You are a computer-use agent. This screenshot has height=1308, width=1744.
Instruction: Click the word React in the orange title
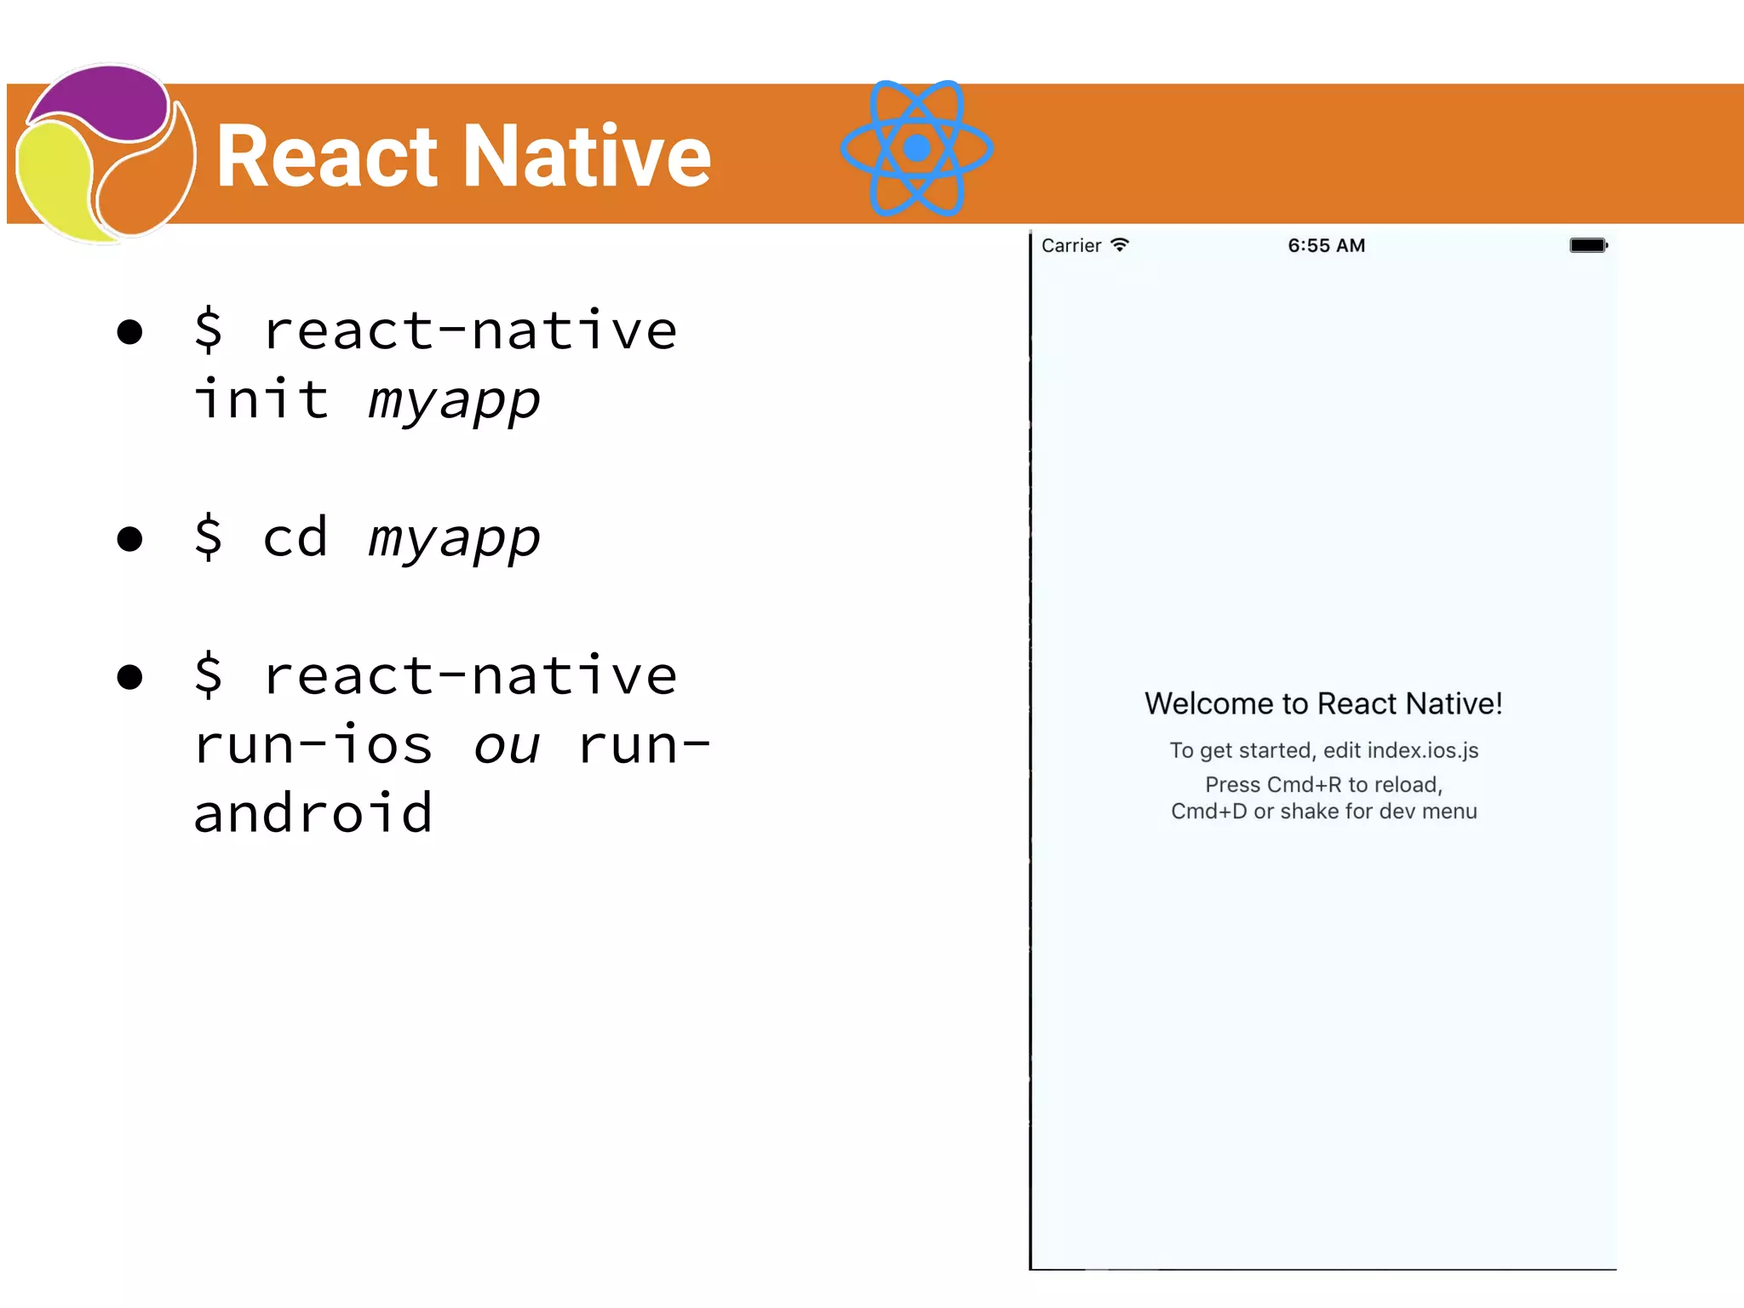327,156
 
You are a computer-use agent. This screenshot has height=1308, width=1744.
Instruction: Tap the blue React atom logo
916,148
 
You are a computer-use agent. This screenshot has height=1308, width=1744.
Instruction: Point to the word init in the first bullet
261,399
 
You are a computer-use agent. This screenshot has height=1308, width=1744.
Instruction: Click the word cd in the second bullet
295,537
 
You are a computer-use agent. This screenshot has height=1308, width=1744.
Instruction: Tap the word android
313,813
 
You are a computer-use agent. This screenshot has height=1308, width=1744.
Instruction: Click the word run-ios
313,745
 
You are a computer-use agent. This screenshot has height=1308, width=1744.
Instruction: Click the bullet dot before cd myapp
129,539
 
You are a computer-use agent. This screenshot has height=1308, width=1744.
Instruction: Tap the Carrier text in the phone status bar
1070,246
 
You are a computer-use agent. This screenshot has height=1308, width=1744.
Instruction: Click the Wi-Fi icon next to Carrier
1120,245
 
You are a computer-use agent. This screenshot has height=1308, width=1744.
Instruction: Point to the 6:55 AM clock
1326,246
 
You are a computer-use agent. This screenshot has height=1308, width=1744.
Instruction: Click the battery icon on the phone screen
1588,245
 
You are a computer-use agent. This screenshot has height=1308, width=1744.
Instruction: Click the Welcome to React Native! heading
1323,704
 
